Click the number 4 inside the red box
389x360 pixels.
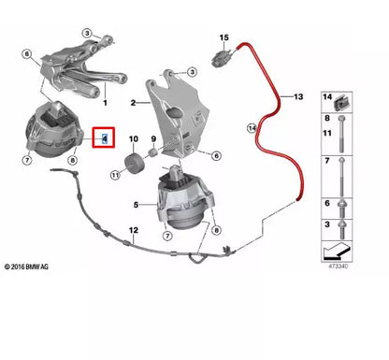pyautogui.click(x=106, y=139)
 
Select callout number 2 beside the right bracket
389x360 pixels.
pyautogui.click(x=134, y=103)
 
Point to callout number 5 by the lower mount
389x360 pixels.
pyautogui.click(x=137, y=205)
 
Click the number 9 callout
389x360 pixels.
pyautogui.click(x=152, y=139)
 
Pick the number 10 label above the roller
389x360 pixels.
pyautogui.click(x=134, y=139)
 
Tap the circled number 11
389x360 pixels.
pyautogui.click(x=115, y=175)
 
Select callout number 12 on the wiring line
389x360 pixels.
pyautogui.click(x=134, y=230)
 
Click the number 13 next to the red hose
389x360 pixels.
pyautogui.click(x=298, y=96)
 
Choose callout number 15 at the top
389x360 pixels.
pyautogui.click(x=223, y=37)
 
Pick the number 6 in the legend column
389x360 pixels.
pyautogui.click(x=327, y=203)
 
